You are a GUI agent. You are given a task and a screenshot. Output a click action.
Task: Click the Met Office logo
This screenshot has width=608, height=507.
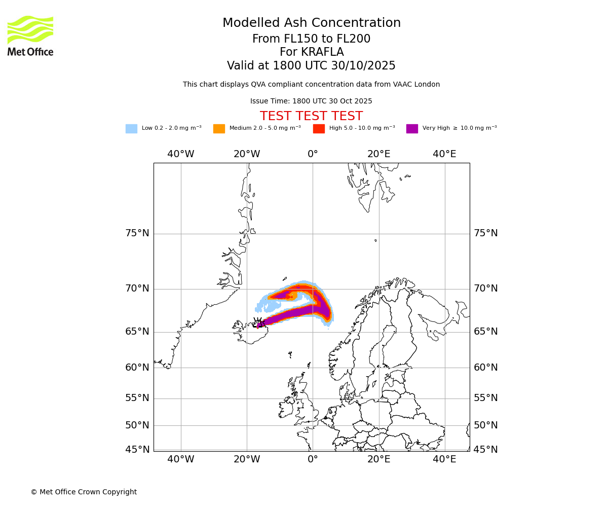(30, 35)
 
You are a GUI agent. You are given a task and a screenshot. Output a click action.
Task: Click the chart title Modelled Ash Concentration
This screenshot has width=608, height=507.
(311, 23)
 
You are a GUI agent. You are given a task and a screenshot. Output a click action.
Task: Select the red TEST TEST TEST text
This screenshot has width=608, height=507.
(311, 117)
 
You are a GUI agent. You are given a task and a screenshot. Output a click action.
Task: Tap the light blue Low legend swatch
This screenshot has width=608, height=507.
(131, 129)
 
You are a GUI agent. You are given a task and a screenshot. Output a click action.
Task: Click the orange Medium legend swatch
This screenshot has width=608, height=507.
(219, 129)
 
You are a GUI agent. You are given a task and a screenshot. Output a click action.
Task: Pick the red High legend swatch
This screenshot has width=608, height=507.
(319, 129)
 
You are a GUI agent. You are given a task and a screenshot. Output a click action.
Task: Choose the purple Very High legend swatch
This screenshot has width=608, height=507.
(412, 129)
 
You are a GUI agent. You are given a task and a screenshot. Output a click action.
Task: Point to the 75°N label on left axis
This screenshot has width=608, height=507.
(137, 233)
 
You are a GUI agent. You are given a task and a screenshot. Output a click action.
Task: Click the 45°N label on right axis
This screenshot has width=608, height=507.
(485, 450)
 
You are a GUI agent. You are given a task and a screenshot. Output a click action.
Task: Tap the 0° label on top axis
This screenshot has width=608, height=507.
(313, 154)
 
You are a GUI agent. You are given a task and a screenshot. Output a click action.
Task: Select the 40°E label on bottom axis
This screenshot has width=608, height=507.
(444, 459)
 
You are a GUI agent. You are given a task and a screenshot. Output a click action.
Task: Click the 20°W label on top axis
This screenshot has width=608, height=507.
(247, 154)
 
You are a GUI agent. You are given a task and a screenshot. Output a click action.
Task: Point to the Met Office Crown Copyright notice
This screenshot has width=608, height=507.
(84, 492)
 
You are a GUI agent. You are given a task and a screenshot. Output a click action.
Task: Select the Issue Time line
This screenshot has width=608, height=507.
(311, 101)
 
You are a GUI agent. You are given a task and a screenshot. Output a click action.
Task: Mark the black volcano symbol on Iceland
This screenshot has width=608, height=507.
(258, 322)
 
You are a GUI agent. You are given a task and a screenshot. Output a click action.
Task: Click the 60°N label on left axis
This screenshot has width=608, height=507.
(137, 368)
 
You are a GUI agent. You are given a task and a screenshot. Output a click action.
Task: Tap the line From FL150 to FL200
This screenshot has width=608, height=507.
(311, 39)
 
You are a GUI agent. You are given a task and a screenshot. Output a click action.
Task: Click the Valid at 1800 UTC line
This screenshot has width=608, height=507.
(311, 66)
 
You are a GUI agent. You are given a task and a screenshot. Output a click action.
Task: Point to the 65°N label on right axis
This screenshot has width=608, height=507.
(485, 332)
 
